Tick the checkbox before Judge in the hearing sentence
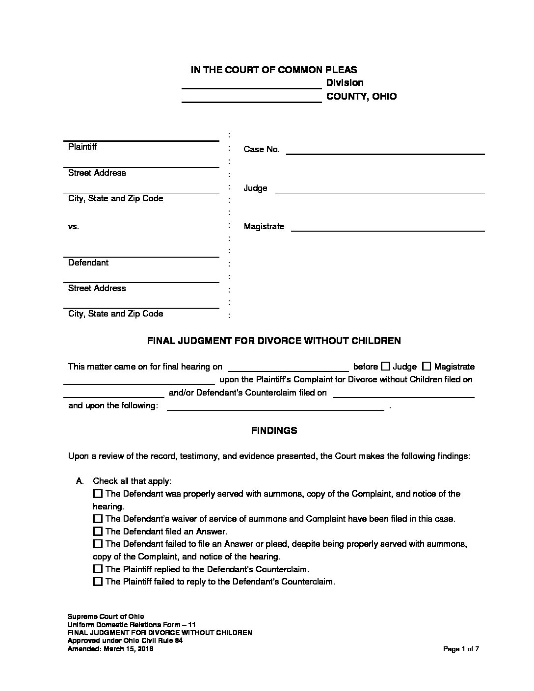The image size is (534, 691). tap(386, 366)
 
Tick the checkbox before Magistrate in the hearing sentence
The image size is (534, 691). tap(427, 366)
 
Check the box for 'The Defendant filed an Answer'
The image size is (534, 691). tap(98, 531)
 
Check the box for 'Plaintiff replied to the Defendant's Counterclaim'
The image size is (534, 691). tap(98, 569)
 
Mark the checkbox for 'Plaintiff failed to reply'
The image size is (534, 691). tap(98, 582)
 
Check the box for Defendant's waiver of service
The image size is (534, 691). tap(98, 519)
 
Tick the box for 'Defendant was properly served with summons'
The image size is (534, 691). tap(98, 493)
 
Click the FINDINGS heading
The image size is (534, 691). tap(274, 430)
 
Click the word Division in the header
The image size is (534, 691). tap(345, 82)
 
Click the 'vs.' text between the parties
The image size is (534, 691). tap(74, 227)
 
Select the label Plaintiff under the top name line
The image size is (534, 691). tap(82, 147)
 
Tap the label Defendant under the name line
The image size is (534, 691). tap(88, 263)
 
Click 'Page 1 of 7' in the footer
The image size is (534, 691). tap(461, 649)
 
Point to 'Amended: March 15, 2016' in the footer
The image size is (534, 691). tap(110, 649)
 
